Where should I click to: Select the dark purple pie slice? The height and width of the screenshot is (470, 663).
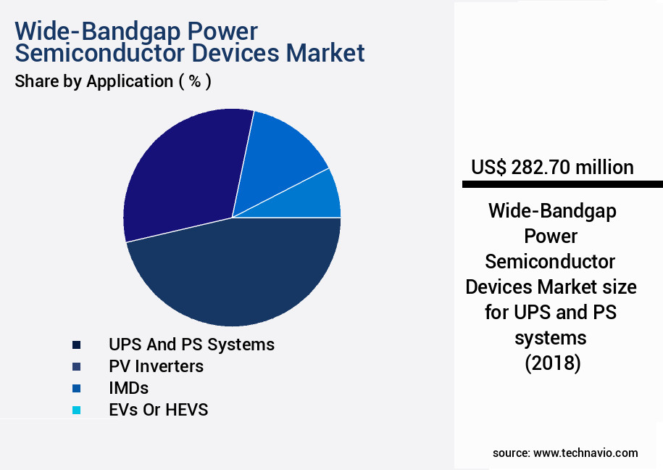[x=185, y=174]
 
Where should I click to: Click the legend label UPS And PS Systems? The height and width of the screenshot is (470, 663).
[x=191, y=345]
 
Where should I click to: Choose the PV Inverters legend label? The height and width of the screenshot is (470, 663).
[x=156, y=366]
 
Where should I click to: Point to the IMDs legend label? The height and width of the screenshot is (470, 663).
[x=128, y=388]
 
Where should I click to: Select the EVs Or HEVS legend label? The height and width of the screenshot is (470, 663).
[x=158, y=410]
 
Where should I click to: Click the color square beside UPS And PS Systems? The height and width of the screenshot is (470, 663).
[x=77, y=345]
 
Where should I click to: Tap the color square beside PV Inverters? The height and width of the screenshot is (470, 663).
[x=77, y=366]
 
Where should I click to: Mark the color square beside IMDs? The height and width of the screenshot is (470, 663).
[x=77, y=388]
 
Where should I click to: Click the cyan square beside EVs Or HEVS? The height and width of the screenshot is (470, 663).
[x=77, y=410]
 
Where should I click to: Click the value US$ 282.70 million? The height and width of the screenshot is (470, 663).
[x=552, y=168]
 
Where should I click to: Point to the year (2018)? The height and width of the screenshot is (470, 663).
[x=553, y=363]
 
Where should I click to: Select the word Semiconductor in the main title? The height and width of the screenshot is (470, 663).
[x=99, y=53]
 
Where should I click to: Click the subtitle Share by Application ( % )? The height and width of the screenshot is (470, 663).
[x=113, y=81]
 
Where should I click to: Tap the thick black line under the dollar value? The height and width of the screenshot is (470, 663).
[x=562, y=184]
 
